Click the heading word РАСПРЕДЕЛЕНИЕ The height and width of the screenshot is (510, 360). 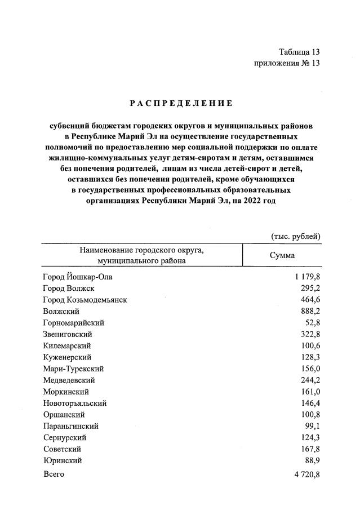[181, 103]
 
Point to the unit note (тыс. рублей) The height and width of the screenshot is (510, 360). [296, 236]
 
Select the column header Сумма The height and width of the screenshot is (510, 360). [282, 255]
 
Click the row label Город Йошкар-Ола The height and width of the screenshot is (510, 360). [81, 277]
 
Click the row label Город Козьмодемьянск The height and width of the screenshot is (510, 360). [85, 300]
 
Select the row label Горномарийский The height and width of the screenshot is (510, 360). [73, 323]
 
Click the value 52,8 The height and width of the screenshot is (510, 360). [312, 323]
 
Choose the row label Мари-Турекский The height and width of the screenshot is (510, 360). [73, 369]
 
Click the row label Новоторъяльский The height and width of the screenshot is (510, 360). [74, 403]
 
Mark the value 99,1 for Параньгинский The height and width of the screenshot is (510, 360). [312, 426]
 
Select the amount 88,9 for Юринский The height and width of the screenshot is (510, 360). [312, 461]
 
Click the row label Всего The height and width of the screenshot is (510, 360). [54, 474]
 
